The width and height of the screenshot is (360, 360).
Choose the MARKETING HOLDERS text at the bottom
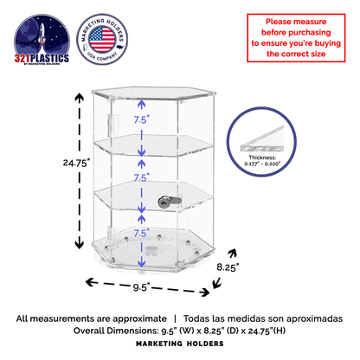tap(180, 344)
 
